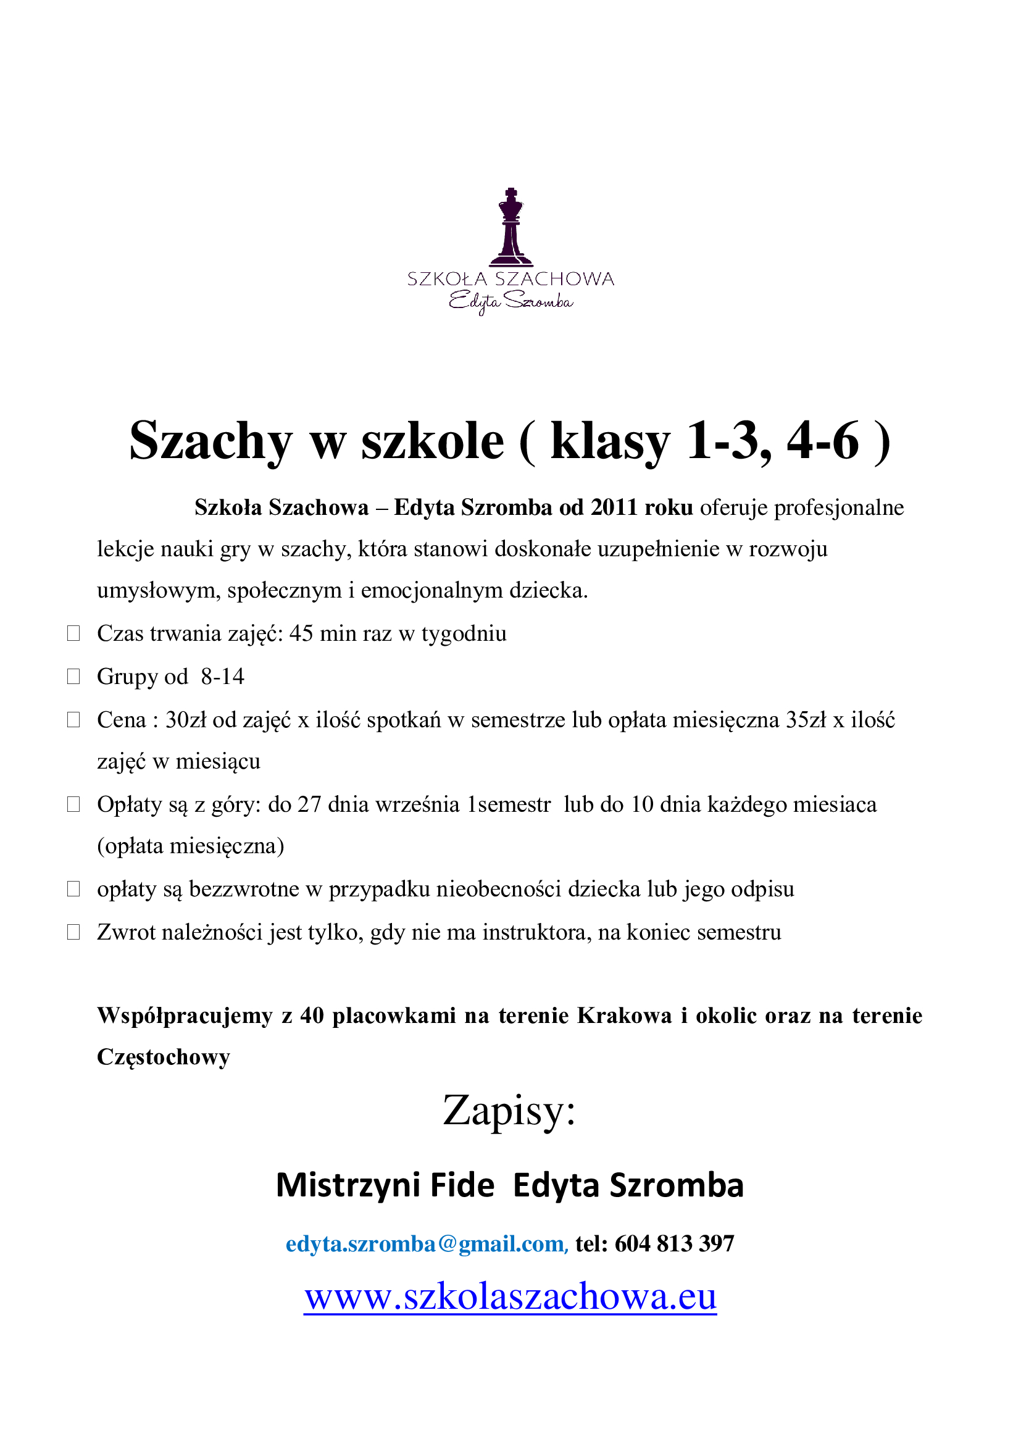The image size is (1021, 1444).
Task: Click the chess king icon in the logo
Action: coord(511,227)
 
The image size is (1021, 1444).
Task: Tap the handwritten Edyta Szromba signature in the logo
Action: coord(511,302)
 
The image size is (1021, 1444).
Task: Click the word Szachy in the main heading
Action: coord(210,441)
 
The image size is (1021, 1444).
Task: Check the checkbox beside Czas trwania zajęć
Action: coord(73,633)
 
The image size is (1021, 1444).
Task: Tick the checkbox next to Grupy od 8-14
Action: coord(73,677)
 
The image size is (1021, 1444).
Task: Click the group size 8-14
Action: coord(223,677)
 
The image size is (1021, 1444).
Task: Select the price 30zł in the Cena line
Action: coord(185,720)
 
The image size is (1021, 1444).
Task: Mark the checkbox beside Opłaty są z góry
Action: coord(73,804)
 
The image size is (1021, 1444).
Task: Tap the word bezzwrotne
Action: coord(244,889)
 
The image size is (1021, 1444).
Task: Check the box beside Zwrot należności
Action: coord(73,932)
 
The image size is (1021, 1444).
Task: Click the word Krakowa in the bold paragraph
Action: coord(624,1016)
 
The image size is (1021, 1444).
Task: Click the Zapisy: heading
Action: coord(509,1111)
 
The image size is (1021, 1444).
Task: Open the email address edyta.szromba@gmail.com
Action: coord(427,1243)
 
